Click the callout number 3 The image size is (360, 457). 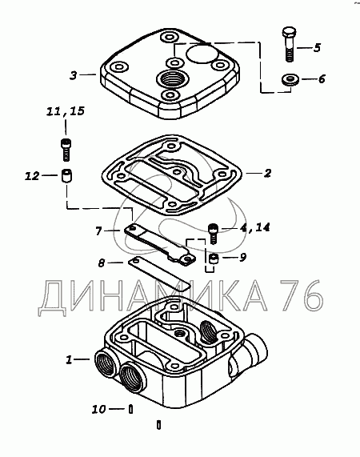(74, 75)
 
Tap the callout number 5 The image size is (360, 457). (317, 47)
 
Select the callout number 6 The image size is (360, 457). (322, 79)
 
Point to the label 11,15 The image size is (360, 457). (66, 111)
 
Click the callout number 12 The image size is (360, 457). (32, 176)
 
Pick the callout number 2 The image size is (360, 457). (267, 173)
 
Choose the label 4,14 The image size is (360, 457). (255, 227)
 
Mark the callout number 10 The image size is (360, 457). (98, 409)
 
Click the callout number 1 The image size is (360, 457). (69, 359)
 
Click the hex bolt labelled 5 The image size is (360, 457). (289, 44)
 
